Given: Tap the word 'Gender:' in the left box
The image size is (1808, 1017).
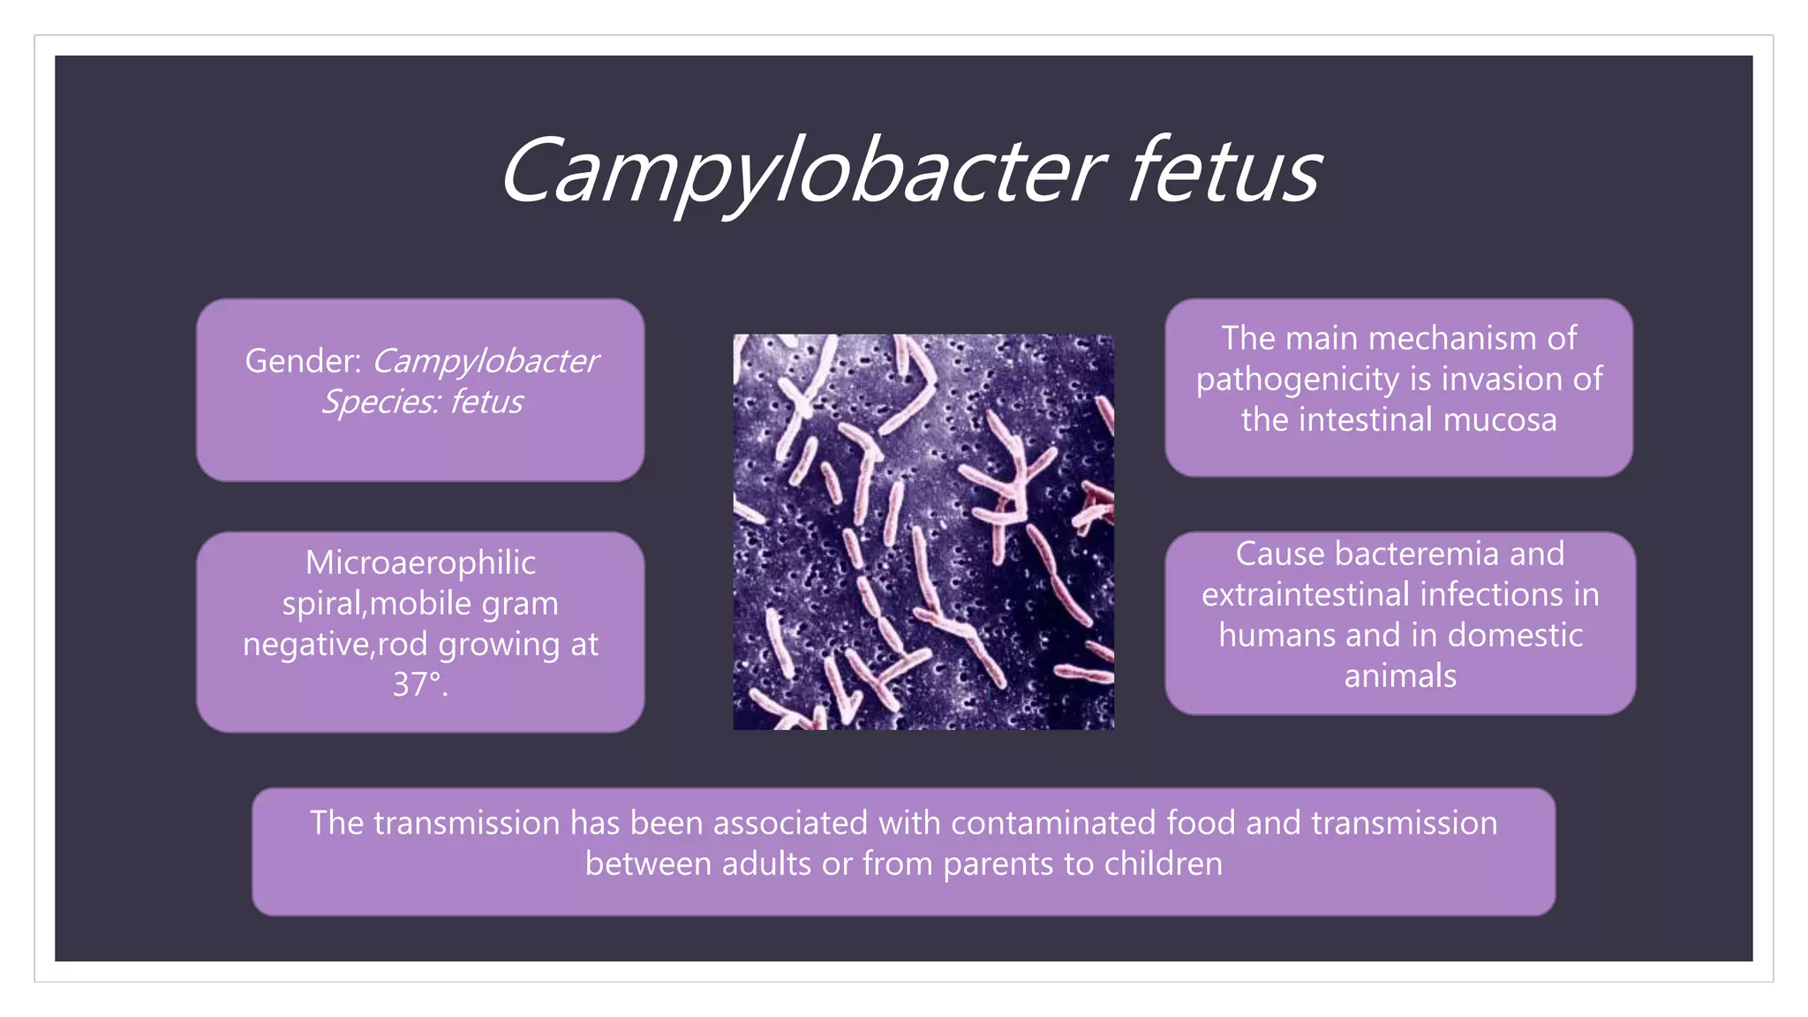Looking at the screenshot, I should pos(303,361).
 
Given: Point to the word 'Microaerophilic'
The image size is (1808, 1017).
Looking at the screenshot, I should pos(420,563).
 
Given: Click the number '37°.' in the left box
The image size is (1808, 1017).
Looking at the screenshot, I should pos(420,685).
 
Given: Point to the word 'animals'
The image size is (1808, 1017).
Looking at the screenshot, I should pos(1400,676).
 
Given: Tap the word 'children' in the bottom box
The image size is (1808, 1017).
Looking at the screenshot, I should pos(1163,864).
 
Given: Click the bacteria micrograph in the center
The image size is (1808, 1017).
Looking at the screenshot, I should pos(923,531).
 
